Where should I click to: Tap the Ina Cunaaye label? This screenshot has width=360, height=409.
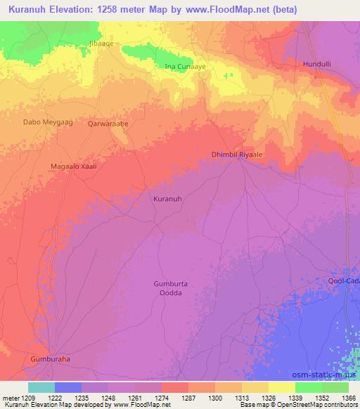[179, 66]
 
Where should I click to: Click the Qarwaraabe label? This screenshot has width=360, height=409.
[108, 123]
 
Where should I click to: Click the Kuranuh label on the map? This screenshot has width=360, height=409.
[167, 199]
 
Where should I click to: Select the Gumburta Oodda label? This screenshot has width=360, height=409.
[171, 288]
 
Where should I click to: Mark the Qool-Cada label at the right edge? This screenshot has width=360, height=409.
[344, 281]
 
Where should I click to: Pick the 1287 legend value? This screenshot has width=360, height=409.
[188, 398]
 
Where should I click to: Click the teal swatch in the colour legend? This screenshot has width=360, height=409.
[41, 387]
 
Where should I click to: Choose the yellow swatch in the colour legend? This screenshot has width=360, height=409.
[281, 387]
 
